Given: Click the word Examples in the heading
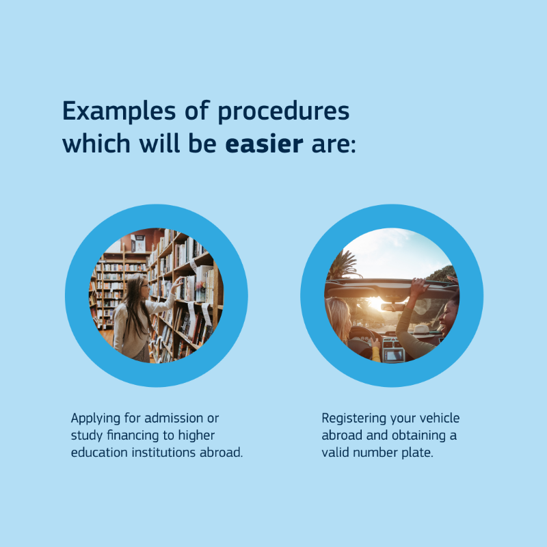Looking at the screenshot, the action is [119, 111].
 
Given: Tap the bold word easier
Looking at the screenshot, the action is [264, 144].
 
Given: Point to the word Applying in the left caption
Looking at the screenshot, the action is [96, 418].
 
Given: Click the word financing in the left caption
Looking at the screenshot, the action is [133, 436].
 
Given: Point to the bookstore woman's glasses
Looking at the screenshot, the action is [144, 286].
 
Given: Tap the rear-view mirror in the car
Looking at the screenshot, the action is [392, 306].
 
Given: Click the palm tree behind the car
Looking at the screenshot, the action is [342, 265].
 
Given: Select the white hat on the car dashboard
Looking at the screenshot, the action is [421, 330].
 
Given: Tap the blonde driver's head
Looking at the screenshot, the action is [338, 317].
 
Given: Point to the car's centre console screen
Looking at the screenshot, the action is [394, 355].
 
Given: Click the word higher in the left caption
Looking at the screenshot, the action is [196, 436].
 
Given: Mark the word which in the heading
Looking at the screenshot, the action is [96, 144].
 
